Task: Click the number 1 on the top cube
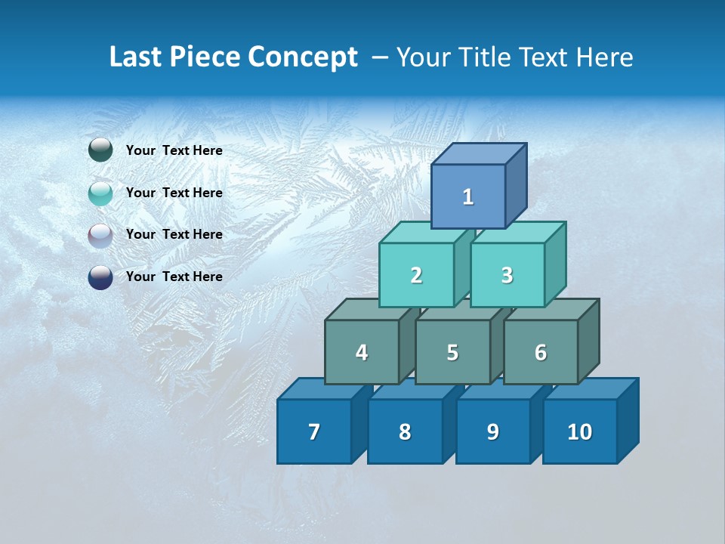(x=468, y=197)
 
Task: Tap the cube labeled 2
(x=416, y=276)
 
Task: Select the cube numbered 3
(x=507, y=276)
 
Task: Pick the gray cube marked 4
(x=362, y=353)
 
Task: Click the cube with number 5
(x=452, y=353)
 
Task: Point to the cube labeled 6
(x=541, y=353)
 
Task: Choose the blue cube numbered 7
(x=314, y=432)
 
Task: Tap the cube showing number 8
(x=405, y=432)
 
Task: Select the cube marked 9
(x=493, y=432)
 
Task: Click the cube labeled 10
(x=580, y=432)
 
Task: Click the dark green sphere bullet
(x=100, y=150)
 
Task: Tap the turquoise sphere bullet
(x=100, y=193)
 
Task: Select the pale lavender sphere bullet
(x=100, y=235)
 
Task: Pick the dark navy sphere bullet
(x=100, y=277)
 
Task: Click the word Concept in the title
(x=302, y=57)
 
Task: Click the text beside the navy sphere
(x=174, y=277)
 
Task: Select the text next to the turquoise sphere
(x=174, y=193)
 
